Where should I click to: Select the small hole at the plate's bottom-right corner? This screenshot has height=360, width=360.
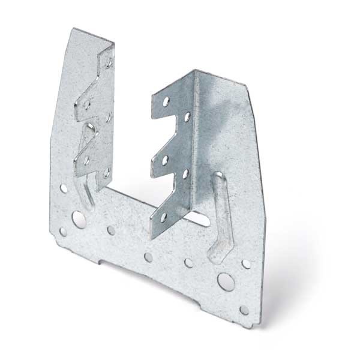(x=244, y=310)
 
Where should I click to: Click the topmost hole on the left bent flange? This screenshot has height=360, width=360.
(x=109, y=62)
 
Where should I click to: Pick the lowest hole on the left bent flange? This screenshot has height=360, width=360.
(x=106, y=172)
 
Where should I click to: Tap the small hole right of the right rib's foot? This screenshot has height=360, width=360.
(x=245, y=263)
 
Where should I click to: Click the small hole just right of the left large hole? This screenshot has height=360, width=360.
(x=111, y=230)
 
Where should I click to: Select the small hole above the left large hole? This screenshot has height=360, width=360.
(x=63, y=188)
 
